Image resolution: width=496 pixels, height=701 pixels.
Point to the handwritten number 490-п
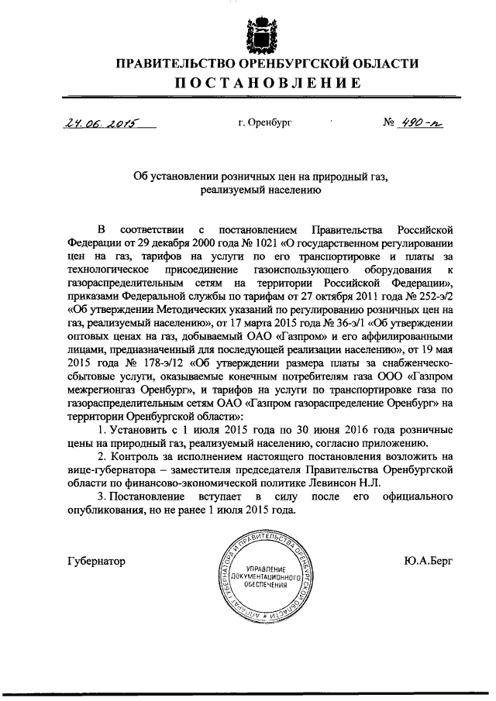pos(419,123)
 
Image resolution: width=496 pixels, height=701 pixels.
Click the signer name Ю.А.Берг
pos(429,560)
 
